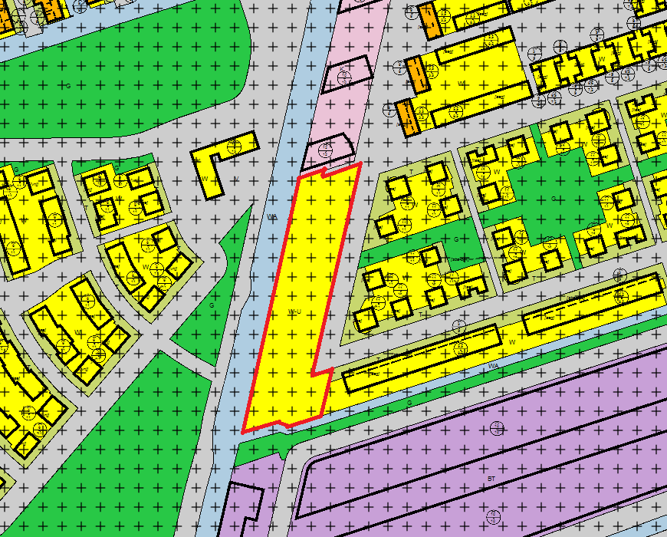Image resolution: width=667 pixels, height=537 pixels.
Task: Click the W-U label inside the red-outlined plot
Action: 294,311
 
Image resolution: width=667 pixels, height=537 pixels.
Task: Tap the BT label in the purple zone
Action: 491,479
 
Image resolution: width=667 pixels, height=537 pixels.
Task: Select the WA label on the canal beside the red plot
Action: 271,217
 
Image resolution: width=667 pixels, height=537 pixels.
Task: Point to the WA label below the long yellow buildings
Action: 494,367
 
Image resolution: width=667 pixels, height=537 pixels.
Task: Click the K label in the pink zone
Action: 343,68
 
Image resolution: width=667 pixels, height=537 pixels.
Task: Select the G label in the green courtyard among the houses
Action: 554,198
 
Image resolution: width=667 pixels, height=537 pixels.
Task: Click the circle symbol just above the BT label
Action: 496,427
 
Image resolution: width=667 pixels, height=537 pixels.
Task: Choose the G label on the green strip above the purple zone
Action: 409,402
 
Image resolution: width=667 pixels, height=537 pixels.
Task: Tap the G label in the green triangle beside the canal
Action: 212,305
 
